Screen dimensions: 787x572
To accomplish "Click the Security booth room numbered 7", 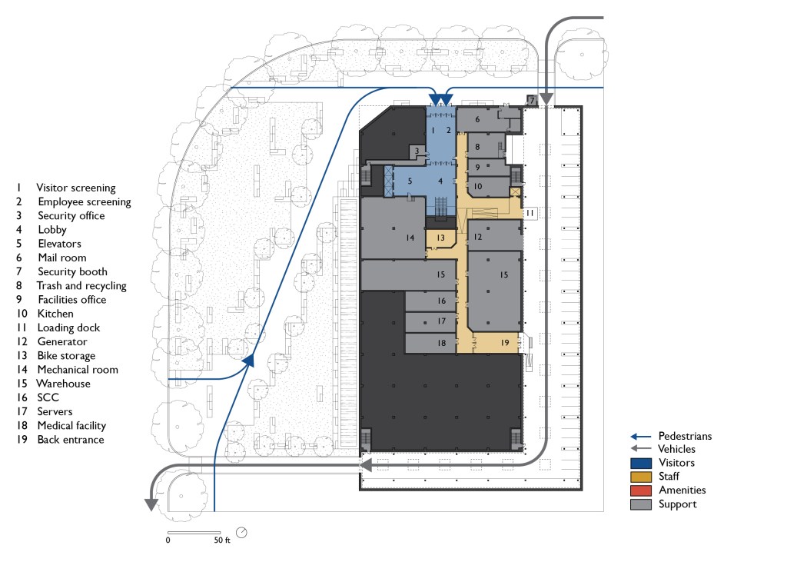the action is (x=532, y=101).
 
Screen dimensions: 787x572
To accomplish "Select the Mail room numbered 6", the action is (x=482, y=119).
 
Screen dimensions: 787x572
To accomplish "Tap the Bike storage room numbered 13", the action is (x=440, y=238).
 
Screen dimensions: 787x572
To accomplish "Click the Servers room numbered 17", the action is (x=430, y=321).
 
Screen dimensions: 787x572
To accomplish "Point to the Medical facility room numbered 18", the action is (x=430, y=343).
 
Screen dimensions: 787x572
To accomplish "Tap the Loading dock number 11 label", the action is (x=530, y=213).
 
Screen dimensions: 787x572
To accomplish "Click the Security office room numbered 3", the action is (x=417, y=151).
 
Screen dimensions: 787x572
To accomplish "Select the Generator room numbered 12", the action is (x=495, y=235).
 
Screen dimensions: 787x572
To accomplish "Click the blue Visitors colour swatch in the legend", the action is (x=641, y=463).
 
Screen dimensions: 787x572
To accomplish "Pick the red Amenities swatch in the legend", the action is (x=641, y=491).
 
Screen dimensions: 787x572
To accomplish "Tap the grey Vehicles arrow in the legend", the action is (x=641, y=448).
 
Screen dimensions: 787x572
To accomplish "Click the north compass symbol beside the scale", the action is (x=241, y=532).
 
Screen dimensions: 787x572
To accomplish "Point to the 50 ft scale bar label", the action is (x=222, y=540).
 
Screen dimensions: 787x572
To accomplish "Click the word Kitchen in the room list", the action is (x=55, y=314).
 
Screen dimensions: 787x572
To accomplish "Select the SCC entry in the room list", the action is (x=48, y=397).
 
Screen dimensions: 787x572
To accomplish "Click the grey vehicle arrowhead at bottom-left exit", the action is (x=151, y=504).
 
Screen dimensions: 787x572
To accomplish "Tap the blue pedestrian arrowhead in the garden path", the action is (x=248, y=360).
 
